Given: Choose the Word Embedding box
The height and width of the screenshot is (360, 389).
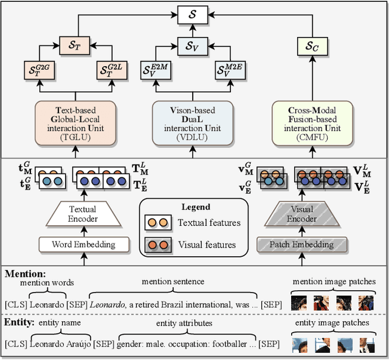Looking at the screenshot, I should click(85, 245).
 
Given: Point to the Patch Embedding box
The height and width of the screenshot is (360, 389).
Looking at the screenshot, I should click(302, 245).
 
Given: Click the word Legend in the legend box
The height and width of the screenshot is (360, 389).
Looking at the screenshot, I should click(196, 208).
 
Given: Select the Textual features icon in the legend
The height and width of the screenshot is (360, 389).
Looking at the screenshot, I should click(157, 223).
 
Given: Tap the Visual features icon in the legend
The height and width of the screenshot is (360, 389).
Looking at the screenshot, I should click(157, 245).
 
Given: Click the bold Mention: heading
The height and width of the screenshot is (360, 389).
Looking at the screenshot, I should click(26, 274).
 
